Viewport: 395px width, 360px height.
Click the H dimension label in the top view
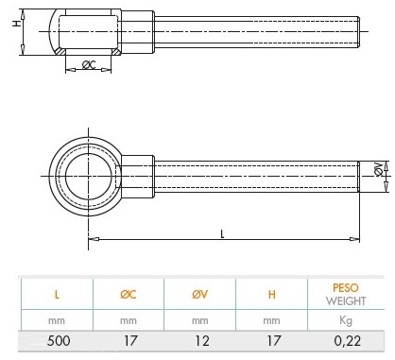click(16, 23)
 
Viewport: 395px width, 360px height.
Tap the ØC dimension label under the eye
click(89, 65)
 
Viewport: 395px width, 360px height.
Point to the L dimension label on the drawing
click(222, 234)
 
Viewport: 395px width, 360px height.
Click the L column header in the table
click(57, 295)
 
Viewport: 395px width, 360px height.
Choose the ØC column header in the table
click(129, 294)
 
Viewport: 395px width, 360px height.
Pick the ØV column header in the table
click(200, 294)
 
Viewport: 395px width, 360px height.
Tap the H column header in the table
click(272, 295)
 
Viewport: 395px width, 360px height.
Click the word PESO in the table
click(346, 287)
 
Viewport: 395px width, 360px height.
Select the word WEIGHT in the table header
click(346, 301)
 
